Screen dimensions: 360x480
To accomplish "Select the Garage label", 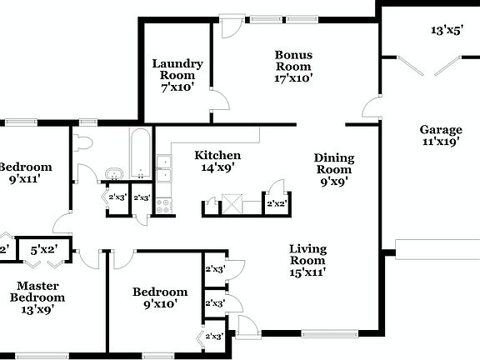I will [441, 129].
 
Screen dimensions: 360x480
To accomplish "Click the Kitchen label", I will [217, 155].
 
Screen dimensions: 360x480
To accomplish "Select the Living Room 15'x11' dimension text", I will [307, 271].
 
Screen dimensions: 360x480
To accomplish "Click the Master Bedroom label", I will [37, 291].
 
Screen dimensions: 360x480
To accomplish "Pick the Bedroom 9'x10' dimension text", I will [160, 304].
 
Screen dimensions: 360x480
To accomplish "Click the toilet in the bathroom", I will [82, 142].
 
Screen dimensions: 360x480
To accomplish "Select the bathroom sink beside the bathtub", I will [113, 174].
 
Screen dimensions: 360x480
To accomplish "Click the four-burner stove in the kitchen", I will [163, 205].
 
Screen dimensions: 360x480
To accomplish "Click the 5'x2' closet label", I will [44, 248].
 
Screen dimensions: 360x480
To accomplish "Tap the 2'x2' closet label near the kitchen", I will [276, 203].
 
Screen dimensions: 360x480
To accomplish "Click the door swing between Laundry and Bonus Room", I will [219, 102].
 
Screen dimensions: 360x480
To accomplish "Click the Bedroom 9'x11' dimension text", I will [24, 178].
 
